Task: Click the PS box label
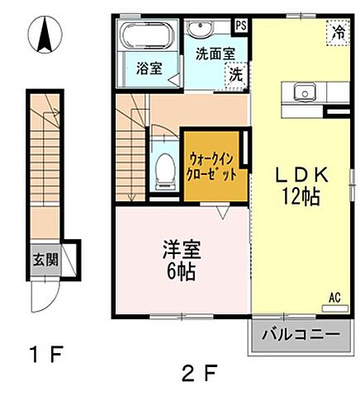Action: click(x=241, y=26)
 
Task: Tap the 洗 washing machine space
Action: click(x=236, y=73)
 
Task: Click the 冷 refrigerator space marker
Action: click(x=339, y=32)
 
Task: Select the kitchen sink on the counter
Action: click(x=301, y=92)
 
